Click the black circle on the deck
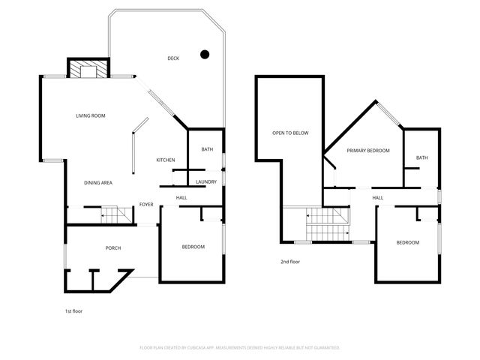click(x=204, y=54)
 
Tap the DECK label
click(x=173, y=58)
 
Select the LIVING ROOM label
click(x=90, y=115)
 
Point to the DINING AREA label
click(x=98, y=182)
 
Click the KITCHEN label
click(x=166, y=160)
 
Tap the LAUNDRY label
click(x=206, y=181)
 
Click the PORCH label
click(x=113, y=247)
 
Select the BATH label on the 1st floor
click(x=207, y=149)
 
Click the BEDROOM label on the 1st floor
click(x=193, y=247)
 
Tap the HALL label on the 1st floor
click(x=181, y=197)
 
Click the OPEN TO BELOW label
click(x=290, y=133)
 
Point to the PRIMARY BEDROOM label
click(x=367, y=151)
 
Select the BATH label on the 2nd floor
click(x=422, y=157)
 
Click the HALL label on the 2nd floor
click(x=377, y=197)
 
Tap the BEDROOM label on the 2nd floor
click(x=407, y=242)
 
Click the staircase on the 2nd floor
click(x=328, y=224)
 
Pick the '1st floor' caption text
click(x=73, y=310)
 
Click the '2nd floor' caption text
click(x=290, y=262)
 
